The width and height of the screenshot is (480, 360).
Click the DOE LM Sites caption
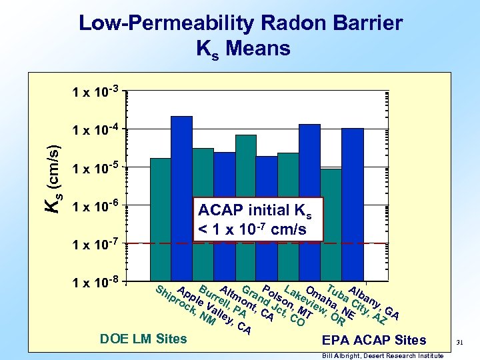(143, 339)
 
